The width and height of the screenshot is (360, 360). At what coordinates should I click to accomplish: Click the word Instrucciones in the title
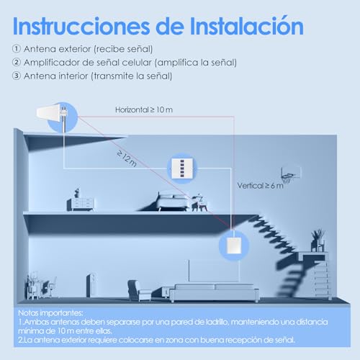pos(81,26)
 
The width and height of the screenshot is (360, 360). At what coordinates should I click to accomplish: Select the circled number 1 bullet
pos(16,49)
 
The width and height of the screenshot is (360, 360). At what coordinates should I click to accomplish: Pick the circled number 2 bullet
pos(16,63)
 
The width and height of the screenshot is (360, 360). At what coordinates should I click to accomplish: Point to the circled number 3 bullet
pos(16,76)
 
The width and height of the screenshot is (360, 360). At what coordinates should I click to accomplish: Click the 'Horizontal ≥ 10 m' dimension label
pos(144,110)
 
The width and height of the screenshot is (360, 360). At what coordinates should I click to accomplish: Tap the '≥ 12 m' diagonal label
pos(127,158)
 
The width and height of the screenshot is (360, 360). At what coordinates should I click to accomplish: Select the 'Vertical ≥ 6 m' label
pos(260,186)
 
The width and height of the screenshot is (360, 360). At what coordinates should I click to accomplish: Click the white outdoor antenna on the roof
pos(52,113)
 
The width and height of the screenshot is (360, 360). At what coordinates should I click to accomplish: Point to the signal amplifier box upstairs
pos(182,168)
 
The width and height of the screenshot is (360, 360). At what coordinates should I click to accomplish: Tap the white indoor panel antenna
pos(234,245)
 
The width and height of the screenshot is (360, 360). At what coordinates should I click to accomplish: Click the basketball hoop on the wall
pos(290,174)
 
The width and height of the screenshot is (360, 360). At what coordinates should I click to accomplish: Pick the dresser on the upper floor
pos(81,204)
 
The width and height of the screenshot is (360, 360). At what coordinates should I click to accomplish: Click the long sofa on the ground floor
pos(215,292)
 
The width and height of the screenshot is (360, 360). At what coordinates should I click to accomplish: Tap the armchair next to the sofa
pos(139,290)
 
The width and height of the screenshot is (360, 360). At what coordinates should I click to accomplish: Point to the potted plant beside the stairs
pos(318,240)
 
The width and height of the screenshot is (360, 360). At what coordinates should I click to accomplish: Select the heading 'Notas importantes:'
pos(50,313)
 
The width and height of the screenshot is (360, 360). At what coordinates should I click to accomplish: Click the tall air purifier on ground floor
pos(92,285)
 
